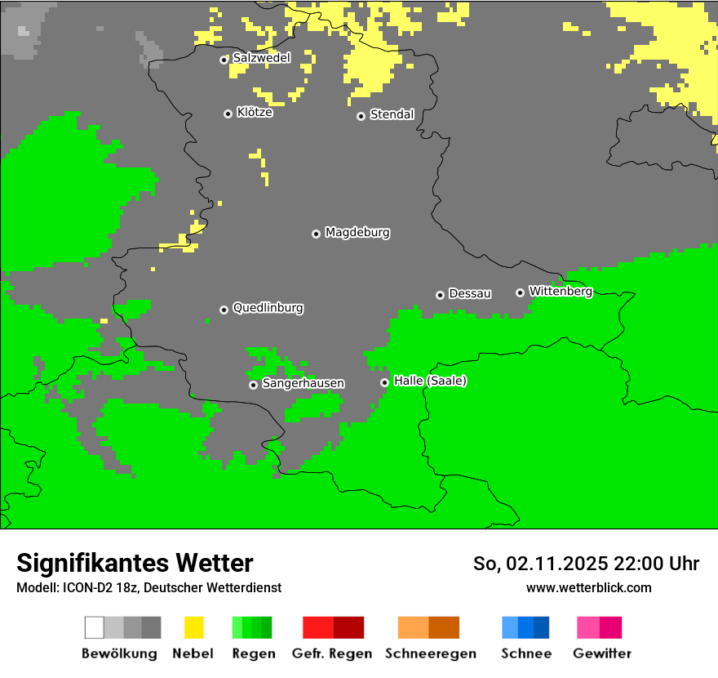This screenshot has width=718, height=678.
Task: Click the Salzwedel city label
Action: pyautogui.click(x=261, y=58)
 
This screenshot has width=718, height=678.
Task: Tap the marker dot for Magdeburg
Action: pyautogui.click(x=316, y=234)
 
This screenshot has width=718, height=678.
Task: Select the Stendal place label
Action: pyautogui.click(x=392, y=114)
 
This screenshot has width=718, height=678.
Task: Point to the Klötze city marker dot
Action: pyautogui.click(x=228, y=114)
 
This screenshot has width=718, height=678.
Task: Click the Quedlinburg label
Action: pyautogui.click(x=268, y=308)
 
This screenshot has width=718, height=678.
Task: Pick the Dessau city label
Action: pyautogui.click(x=470, y=293)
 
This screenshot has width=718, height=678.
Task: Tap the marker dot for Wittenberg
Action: pyautogui.click(x=520, y=292)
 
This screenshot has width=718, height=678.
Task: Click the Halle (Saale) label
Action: pyautogui.click(x=430, y=381)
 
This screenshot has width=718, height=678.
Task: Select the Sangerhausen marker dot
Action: pyautogui.click(x=253, y=385)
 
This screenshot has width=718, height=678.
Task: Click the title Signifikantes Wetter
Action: pyautogui.click(x=135, y=563)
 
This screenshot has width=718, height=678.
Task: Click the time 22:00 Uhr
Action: pyautogui.click(x=657, y=564)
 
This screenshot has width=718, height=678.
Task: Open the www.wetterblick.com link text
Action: pyautogui.click(x=588, y=587)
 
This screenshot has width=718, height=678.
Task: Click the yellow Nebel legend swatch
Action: pyautogui.click(x=193, y=627)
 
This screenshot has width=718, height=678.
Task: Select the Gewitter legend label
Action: pyautogui.click(x=602, y=653)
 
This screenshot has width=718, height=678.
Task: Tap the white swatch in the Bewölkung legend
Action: pyautogui.click(x=94, y=627)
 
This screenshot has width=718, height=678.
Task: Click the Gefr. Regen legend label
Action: pyautogui.click(x=331, y=653)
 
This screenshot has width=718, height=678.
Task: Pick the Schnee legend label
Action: pyautogui.click(x=525, y=653)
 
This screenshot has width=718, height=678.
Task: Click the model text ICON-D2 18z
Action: pyautogui.click(x=101, y=587)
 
